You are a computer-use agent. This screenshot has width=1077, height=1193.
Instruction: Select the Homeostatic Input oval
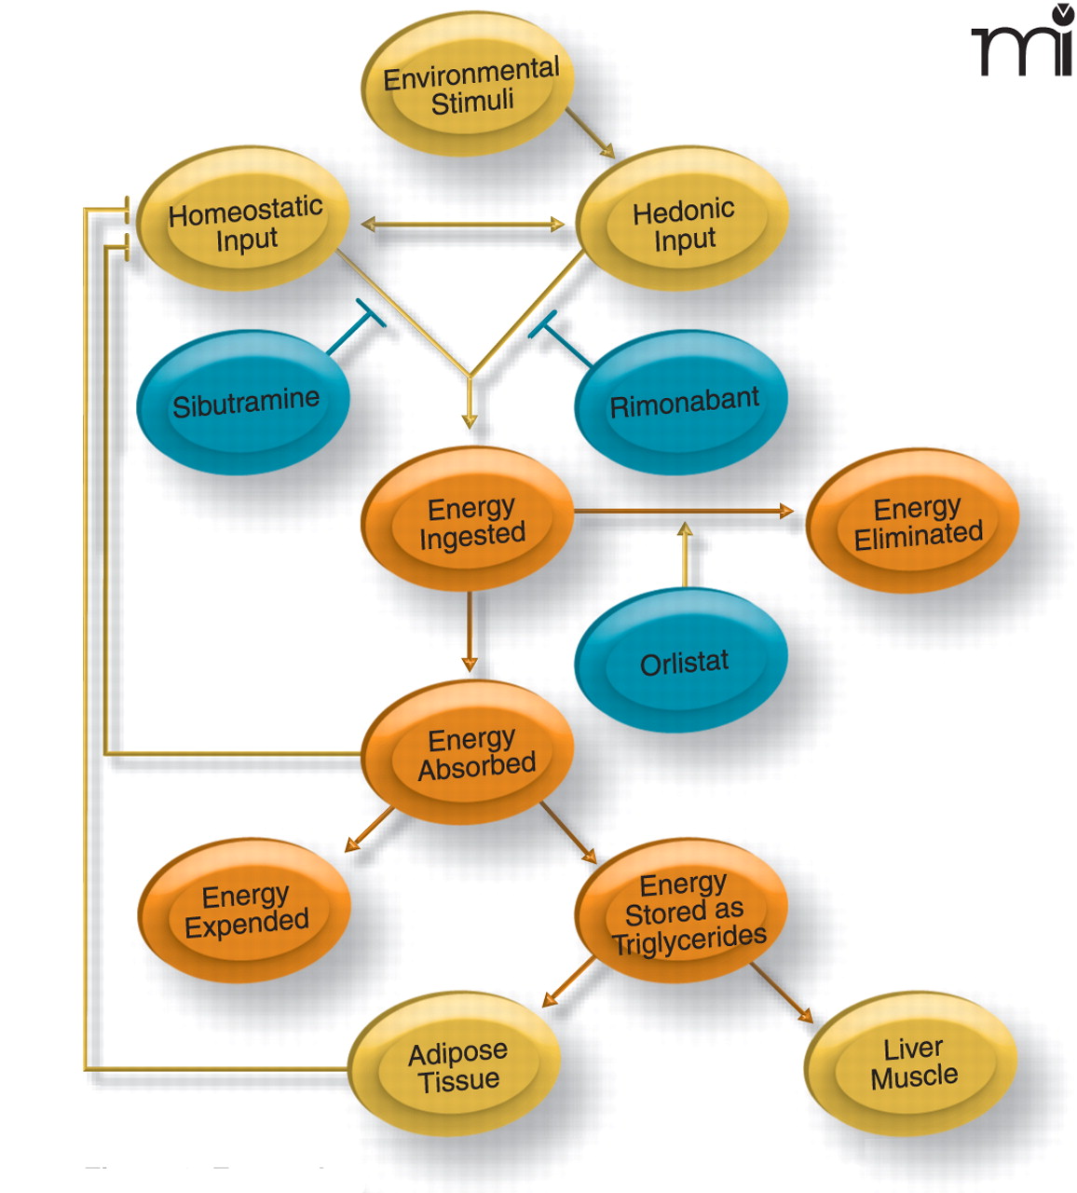(x=244, y=221)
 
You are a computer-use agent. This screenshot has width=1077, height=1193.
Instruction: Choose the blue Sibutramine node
(x=244, y=403)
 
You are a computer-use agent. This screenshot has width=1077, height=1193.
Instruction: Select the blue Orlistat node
(x=682, y=662)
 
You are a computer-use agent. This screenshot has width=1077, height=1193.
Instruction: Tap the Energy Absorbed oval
(x=470, y=753)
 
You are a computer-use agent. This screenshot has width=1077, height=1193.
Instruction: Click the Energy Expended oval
(x=245, y=910)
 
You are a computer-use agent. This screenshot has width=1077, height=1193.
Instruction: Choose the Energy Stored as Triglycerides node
(x=683, y=912)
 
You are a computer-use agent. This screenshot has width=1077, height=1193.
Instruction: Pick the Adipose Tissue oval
(x=457, y=1065)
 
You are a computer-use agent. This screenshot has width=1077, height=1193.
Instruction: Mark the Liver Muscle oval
(x=912, y=1063)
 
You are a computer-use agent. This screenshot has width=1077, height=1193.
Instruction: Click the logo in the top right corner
(x=1024, y=42)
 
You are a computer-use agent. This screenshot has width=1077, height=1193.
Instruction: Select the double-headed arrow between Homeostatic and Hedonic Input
(x=463, y=225)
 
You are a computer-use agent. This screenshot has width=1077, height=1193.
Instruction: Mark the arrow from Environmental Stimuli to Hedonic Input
(x=590, y=133)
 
